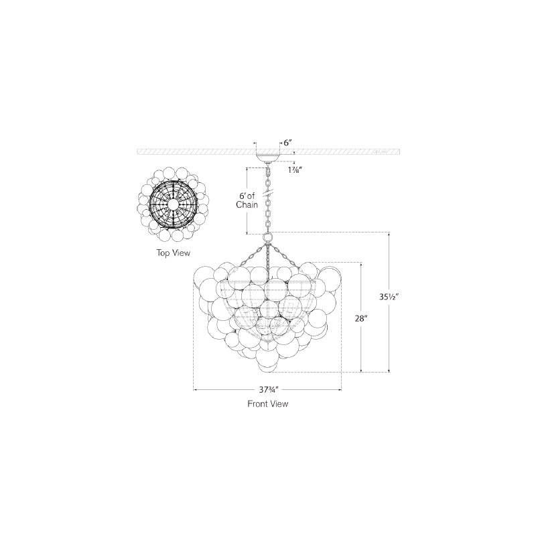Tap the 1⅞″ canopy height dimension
coord(293,170)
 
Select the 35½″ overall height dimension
coord(389,297)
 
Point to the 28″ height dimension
coord(361,318)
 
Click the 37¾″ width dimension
coord(269,389)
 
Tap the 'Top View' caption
coord(174,253)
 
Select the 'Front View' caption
coord(267,404)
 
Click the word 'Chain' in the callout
coord(247,205)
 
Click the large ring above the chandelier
coord(267,237)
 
